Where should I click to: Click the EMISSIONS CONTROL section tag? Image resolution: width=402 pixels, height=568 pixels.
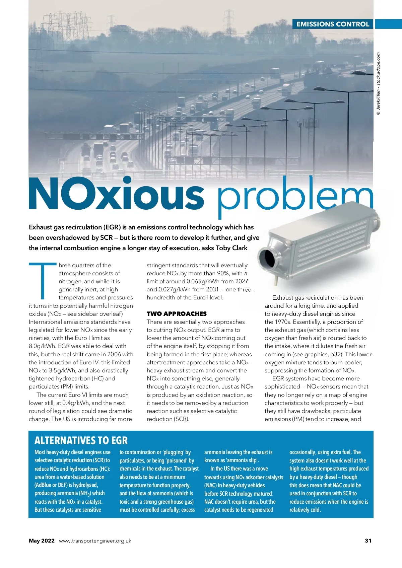point(333,24)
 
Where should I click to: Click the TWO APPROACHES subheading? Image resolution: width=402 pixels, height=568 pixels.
point(177,314)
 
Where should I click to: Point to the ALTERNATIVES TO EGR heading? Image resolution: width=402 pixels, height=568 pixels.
point(81,440)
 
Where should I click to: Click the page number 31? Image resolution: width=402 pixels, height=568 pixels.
point(368,541)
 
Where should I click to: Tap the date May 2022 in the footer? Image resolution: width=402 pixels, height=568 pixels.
point(42,541)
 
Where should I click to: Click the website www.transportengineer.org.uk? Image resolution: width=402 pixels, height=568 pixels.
point(95,541)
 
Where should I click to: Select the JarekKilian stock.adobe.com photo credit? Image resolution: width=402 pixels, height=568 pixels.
point(378,84)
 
